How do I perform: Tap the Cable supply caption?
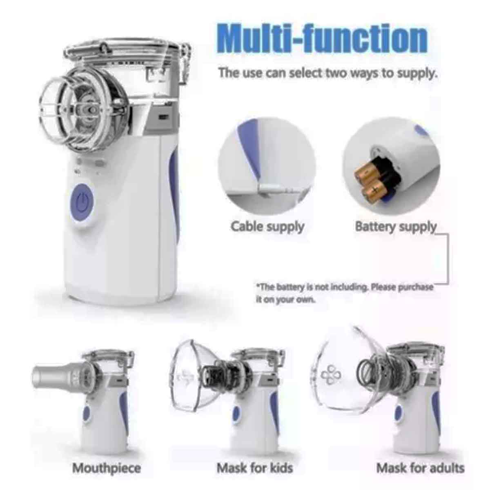(x=267, y=227)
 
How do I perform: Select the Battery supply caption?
(x=396, y=227)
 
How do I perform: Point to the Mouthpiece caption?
(x=107, y=453)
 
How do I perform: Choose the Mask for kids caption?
(x=255, y=452)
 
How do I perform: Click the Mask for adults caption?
(x=421, y=452)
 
